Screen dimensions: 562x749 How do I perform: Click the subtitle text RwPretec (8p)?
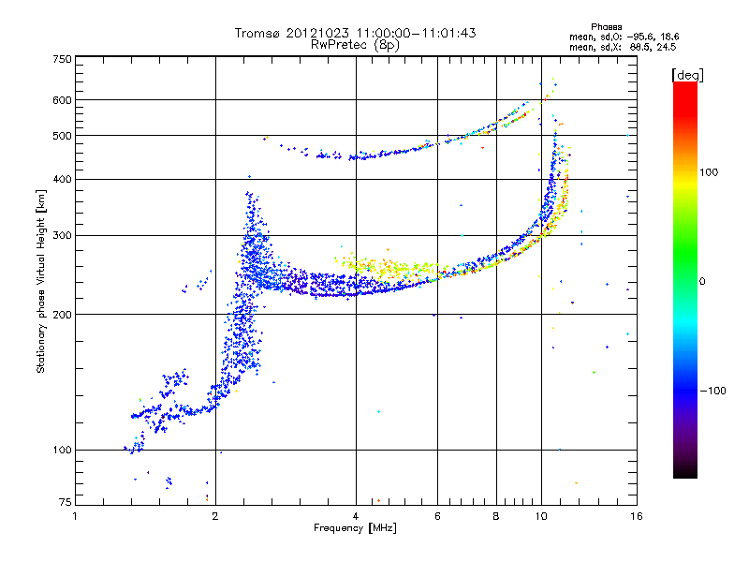tap(355, 44)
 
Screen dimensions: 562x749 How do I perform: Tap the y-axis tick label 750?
tap(62, 59)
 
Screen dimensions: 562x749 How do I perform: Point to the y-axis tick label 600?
tap(62, 100)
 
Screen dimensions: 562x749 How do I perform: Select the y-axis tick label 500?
tap(62, 136)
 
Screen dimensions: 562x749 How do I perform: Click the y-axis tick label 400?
tap(62, 179)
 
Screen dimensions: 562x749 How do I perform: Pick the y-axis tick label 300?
tap(62, 235)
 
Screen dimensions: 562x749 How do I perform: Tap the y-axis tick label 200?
tap(62, 315)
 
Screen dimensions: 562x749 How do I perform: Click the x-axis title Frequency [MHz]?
tap(355, 528)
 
